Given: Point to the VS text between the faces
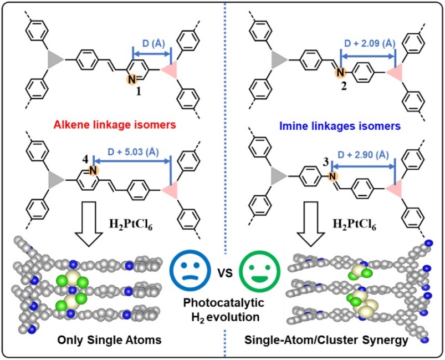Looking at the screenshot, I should tap(223, 275).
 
